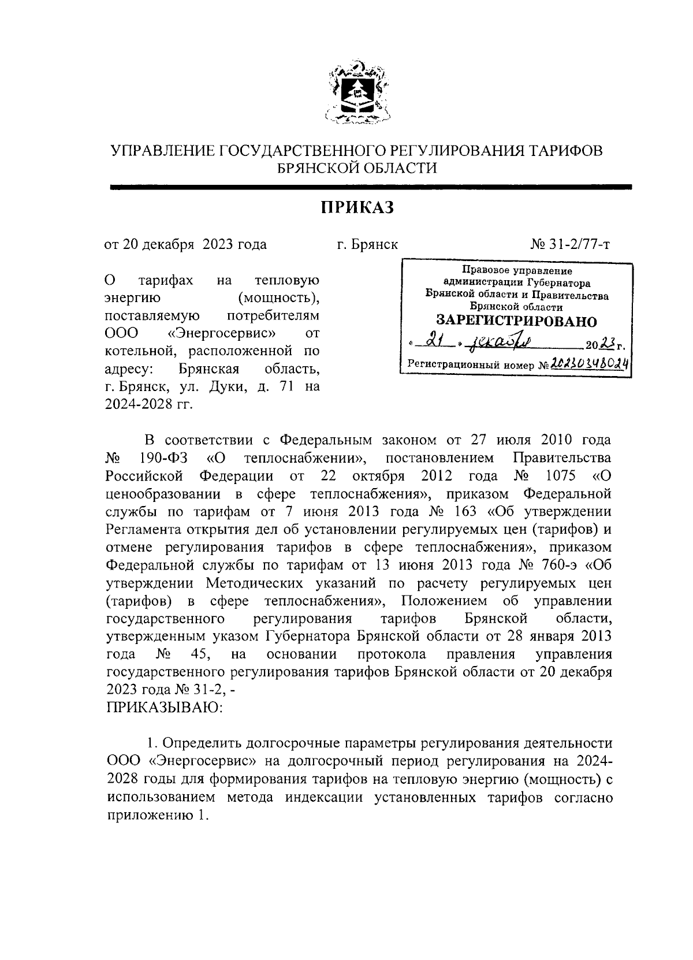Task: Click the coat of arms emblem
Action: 356,92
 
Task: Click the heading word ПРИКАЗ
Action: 357,207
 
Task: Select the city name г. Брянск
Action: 368,244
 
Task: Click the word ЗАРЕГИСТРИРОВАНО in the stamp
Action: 516,321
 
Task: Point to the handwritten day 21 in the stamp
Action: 430,343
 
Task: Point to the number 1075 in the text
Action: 560,477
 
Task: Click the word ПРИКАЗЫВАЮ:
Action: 165,707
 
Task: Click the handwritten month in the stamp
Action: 504,343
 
